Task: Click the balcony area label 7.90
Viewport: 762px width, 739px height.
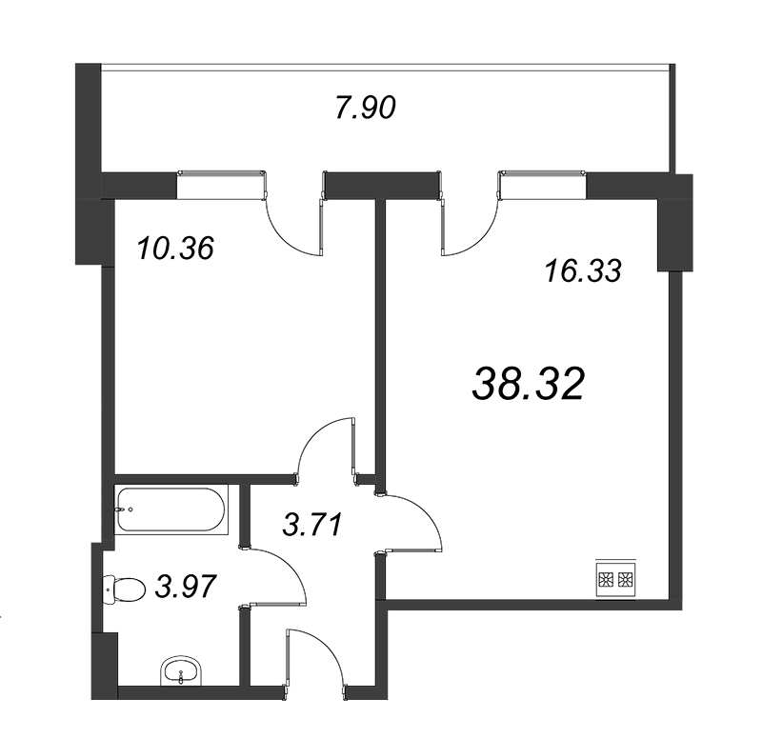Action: tap(366, 108)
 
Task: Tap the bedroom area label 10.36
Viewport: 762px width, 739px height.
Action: tap(175, 249)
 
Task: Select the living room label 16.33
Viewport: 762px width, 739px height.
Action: tap(583, 271)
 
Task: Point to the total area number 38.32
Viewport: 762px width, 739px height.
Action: tap(528, 384)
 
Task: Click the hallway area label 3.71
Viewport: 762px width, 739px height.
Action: tap(313, 524)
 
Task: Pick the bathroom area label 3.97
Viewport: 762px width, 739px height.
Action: tap(185, 587)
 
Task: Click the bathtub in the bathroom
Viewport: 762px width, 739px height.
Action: tap(171, 509)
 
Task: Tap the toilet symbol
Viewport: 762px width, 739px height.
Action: tap(125, 589)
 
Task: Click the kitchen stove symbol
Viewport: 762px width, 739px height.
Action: tap(616, 578)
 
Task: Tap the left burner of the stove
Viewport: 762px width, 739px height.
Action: tap(607, 579)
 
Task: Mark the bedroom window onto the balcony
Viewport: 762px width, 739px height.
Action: tap(221, 185)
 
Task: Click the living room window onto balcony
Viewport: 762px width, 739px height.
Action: tap(542, 185)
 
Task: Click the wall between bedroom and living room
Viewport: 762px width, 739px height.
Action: tap(380, 345)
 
